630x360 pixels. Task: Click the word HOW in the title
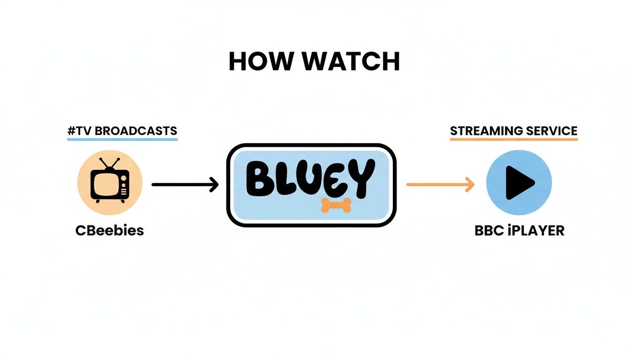click(x=254, y=62)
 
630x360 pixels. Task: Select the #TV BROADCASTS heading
click(x=122, y=131)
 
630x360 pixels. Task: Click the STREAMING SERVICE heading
click(x=514, y=131)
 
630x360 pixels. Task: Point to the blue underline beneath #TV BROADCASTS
click(x=122, y=139)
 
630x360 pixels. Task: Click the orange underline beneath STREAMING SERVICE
click(x=514, y=139)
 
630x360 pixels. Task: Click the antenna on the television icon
click(x=109, y=164)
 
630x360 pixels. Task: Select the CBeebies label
click(x=109, y=231)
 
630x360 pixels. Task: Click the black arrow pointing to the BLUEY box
click(x=185, y=185)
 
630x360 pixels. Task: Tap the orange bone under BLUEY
click(x=336, y=205)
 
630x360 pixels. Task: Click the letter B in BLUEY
click(x=260, y=180)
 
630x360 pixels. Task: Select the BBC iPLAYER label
click(x=519, y=231)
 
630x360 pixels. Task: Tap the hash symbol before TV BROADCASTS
click(x=71, y=131)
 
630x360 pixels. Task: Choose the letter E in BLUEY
click(x=331, y=180)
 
